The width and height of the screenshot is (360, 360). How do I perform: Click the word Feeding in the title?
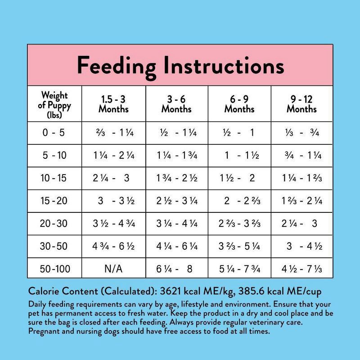click(116, 66)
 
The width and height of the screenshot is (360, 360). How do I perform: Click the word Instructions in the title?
click(224, 66)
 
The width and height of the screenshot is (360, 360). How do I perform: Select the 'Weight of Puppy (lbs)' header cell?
click(54, 104)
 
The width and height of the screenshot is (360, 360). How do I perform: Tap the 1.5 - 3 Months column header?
click(113, 104)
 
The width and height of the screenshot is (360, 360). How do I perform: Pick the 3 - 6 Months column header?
click(176, 104)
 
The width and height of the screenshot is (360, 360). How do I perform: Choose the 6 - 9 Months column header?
click(239, 104)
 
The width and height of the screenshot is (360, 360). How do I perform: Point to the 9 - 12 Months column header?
click(301, 104)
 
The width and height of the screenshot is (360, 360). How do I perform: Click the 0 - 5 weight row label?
click(54, 133)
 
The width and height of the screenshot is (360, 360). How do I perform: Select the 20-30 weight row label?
click(54, 224)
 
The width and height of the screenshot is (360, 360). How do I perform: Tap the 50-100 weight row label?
click(54, 269)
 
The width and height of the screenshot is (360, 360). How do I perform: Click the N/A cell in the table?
click(113, 269)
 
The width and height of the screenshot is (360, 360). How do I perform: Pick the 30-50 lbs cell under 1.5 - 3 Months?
click(113, 246)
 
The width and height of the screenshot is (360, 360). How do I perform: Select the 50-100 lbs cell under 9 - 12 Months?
click(301, 269)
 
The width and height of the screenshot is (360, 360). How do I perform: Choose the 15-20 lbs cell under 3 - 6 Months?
click(176, 201)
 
